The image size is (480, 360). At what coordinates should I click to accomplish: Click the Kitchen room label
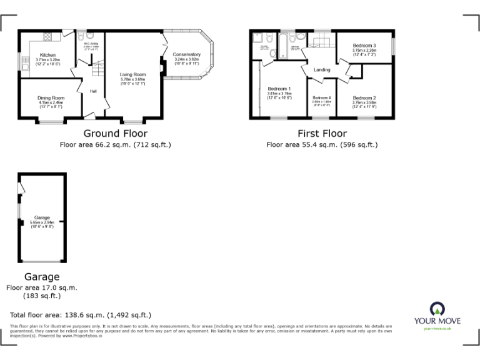[x=47, y=55]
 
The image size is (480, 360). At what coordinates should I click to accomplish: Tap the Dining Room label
[x=51, y=97]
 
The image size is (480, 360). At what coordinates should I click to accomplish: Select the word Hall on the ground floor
[x=93, y=91]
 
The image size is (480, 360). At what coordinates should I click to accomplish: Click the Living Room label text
[x=132, y=74]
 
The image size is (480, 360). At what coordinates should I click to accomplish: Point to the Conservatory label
[x=187, y=55]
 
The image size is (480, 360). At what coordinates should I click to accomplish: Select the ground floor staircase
[x=96, y=67]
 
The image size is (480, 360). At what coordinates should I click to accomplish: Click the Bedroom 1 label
[x=279, y=88]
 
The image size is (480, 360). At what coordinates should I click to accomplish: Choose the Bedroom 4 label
[x=321, y=97]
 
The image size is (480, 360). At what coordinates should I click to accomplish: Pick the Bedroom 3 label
[x=364, y=46]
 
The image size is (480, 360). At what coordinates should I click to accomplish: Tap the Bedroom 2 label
[x=364, y=98]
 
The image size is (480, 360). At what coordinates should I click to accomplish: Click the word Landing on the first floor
[x=322, y=69]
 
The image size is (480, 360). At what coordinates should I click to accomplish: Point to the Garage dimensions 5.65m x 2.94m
[x=42, y=222]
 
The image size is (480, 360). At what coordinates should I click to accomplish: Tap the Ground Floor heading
[x=116, y=133]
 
